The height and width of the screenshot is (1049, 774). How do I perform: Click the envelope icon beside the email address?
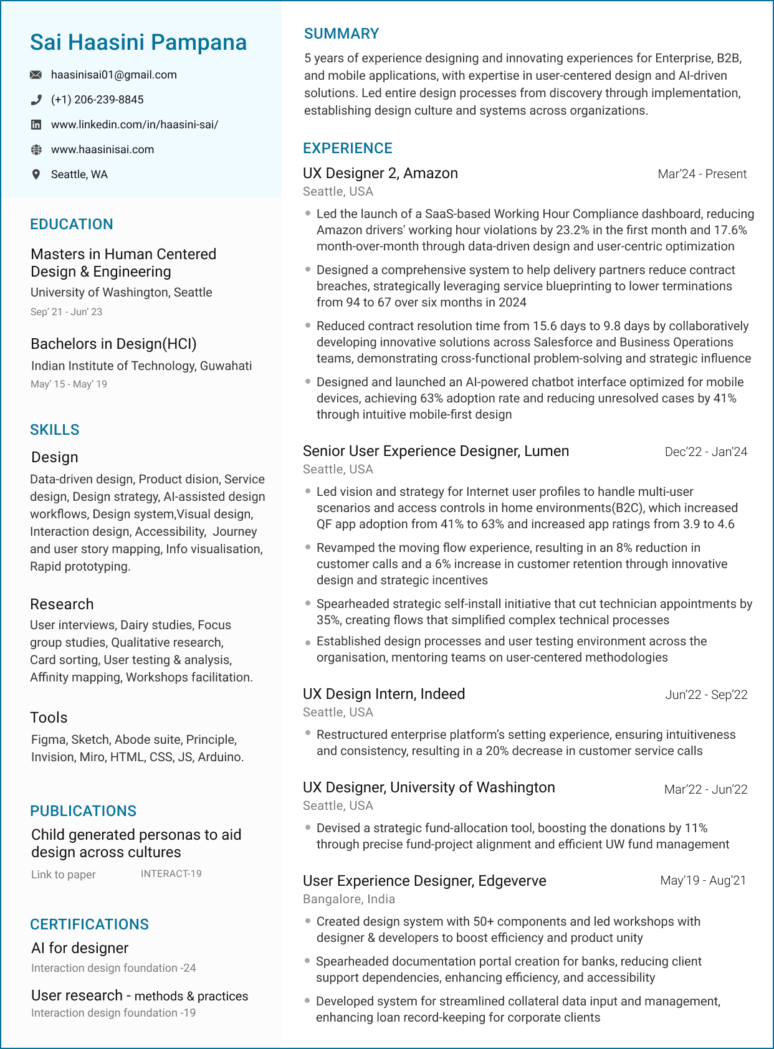[36, 75]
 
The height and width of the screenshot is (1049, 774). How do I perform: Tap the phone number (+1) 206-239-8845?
[97, 100]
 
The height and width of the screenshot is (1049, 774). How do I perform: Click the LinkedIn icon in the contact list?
[36, 125]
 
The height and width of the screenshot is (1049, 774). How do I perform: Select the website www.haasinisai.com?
[102, 150]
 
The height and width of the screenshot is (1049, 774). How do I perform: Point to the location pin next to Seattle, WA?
[36, 174]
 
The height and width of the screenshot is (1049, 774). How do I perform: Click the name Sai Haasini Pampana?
[138, 42]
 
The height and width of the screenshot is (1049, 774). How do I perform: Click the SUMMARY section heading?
[342, 34]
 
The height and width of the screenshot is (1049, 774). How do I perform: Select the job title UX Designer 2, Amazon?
[380, 173]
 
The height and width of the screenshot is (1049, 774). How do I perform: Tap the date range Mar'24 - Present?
[702, 174]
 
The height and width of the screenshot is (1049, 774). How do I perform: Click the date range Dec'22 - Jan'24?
[705, 452]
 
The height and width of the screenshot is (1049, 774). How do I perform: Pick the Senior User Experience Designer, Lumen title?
[436, 451]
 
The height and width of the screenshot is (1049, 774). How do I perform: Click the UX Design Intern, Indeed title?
[384, 694]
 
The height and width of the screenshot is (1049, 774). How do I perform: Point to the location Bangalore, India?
[348, 899]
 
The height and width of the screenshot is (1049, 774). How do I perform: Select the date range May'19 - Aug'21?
[703, 880]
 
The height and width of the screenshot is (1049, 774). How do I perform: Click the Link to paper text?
[64, 875]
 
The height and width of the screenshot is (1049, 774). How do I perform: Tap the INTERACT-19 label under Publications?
[171, 873]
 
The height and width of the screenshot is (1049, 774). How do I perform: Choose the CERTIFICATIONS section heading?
[90, 924]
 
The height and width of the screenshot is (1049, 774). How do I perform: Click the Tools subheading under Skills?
[49, 718]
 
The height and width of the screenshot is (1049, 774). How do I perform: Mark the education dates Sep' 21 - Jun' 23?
[66, 311]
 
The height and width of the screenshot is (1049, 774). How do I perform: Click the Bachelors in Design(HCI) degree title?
[113, 344]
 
